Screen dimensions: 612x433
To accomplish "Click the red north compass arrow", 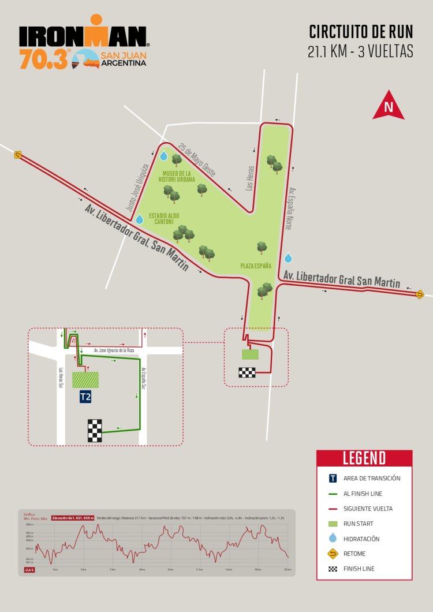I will [x=389, y=106].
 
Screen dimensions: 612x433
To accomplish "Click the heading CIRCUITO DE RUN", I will [x=361, y=31].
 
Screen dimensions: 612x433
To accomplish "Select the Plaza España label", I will [x=256, y=266].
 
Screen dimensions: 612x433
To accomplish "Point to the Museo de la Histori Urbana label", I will [x=177, y=177].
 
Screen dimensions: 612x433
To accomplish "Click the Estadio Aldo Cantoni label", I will [x=164, y=219].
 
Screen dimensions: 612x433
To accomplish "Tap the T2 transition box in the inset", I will [x=85, y=397].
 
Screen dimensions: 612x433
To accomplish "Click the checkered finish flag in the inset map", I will [x=95, y=431].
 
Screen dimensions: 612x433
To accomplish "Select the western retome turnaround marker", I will [x=18, y=154].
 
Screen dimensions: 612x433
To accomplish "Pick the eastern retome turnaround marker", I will [x=420, y=294].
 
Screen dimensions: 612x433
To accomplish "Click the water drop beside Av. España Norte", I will [x=288, y=258].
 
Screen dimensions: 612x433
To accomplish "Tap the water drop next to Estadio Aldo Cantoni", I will [x=139, y=219].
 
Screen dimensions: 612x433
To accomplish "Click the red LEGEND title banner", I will [x=364, y=458].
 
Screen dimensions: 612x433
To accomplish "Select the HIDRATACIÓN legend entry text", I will [x=361, y=539].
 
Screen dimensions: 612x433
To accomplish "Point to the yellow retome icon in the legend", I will [x=333, y=554].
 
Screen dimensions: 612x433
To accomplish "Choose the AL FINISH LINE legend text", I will [x=363, y=494].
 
